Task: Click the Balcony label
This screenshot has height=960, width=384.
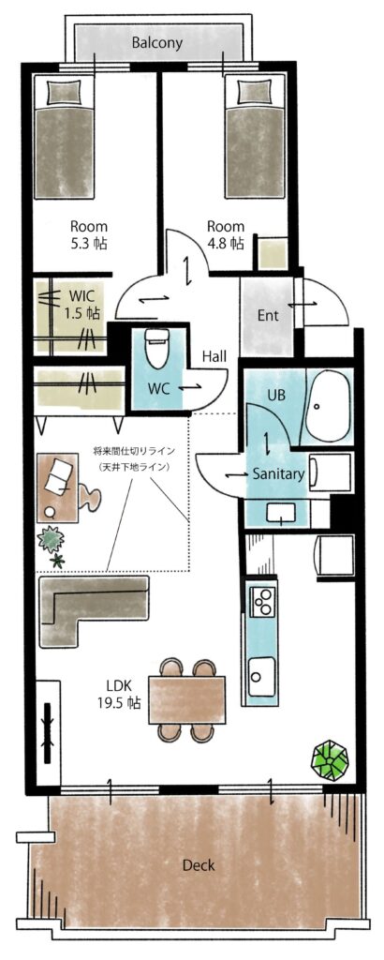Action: (x=157, y=43)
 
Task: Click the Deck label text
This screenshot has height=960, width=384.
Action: (x=199, y=865)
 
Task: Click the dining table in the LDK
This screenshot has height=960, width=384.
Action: (x=186, y=699)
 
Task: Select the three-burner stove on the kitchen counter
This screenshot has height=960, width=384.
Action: (x=262, y=600)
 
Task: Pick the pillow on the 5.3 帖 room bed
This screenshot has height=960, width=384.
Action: (x=64, y=93)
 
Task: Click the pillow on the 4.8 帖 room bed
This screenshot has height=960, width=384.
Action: (x=255, y=93)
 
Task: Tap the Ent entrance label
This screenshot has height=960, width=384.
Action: (x=268, y=316)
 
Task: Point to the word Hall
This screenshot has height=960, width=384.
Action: (x=214, y=356)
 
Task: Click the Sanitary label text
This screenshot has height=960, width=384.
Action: (x=278, y=473)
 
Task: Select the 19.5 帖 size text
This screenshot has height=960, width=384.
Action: (x=119, y=702)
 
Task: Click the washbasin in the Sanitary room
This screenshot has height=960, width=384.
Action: (x=281, y=512)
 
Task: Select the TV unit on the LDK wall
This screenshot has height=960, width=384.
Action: (x=48, y=732)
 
